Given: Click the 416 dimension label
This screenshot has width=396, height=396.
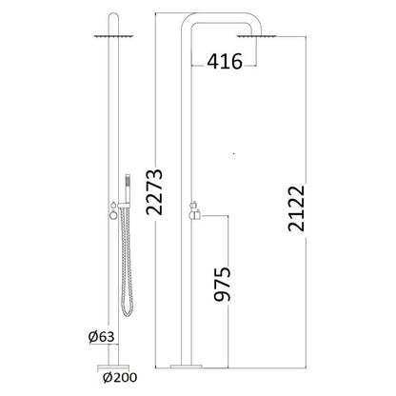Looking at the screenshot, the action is (225, 61).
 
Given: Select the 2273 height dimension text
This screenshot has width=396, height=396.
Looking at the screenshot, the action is (154, 192).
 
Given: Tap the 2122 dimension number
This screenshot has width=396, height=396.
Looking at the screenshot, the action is (296, 208).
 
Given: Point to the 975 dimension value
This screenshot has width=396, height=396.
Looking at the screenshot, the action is (222, 285).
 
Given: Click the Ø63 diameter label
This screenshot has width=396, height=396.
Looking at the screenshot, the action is (101, 337).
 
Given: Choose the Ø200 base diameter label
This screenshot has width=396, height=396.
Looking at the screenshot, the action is (120, 378).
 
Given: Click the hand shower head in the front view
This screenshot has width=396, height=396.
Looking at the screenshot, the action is (128, 188).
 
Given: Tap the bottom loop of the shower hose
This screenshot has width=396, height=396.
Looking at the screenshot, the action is (128, 311).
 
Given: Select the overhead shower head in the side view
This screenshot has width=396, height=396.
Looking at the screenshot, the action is (256, 36).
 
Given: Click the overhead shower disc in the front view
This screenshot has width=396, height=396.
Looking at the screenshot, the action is (113, 36).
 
